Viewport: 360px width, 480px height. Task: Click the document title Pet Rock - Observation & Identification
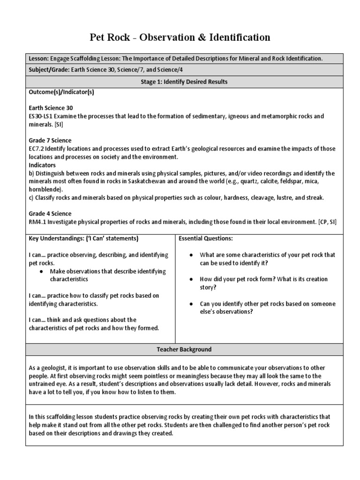180,37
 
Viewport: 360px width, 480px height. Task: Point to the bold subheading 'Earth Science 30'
51,108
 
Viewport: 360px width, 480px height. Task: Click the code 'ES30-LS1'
41,116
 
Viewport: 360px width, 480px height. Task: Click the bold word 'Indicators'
42,165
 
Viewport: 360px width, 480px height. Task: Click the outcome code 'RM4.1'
37,221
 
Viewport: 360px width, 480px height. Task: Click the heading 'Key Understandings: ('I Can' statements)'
83,238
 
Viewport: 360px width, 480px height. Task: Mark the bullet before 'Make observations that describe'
42,271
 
